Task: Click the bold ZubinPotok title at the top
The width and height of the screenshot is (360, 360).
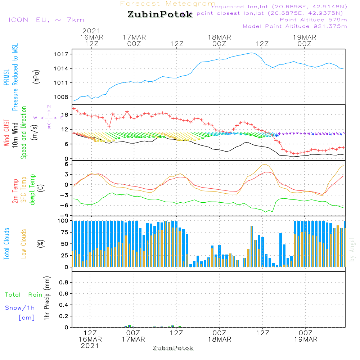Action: tap(160, 15)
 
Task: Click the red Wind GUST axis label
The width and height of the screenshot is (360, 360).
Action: tap(6, 133)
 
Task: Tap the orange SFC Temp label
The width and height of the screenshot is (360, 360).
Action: tap(24, 190)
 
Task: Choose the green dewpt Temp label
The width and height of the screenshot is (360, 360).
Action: tap(32, 190)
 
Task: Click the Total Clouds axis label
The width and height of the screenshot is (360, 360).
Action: tap(6, 244)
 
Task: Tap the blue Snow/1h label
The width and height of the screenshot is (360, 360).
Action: tap(20, 308)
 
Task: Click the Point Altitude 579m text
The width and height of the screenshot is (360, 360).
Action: tap(313, 20)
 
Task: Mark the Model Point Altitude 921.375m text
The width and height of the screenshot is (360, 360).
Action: tap(295, 26)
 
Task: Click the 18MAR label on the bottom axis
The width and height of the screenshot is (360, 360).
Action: tap(219, 339)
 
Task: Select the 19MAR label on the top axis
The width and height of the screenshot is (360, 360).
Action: tap(304, 37)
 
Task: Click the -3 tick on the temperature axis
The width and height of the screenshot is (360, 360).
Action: tap(66, 195)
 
